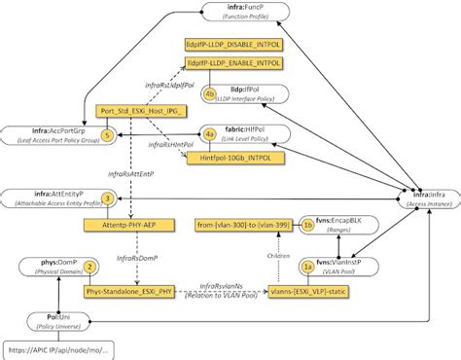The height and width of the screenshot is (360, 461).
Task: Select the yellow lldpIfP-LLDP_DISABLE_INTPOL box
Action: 233,46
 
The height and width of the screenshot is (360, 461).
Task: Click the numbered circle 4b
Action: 209,92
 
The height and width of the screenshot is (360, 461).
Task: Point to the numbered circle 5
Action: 108,133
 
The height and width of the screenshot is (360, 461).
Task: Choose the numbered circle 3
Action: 108,198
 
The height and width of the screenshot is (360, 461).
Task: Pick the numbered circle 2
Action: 89,265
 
